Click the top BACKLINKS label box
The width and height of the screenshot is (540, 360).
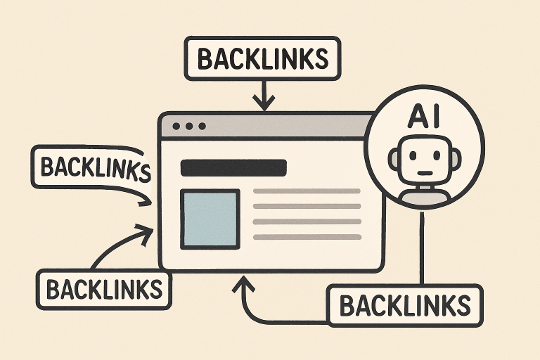click(262, 58)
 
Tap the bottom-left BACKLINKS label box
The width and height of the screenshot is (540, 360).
click(103, 288)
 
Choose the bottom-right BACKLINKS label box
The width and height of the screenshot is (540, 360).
click(404, 305)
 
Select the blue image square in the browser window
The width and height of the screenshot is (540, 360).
click(210, 219)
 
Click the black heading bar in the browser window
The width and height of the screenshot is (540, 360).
click(233, 168)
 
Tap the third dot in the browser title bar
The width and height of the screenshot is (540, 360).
click(202, 127)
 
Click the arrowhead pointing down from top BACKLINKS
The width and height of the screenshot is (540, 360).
click(264, 104)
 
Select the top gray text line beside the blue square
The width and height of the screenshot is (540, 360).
click(306, 191)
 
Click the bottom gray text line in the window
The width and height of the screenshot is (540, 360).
click(306, 238)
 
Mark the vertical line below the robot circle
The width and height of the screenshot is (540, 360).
click(423, 246)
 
